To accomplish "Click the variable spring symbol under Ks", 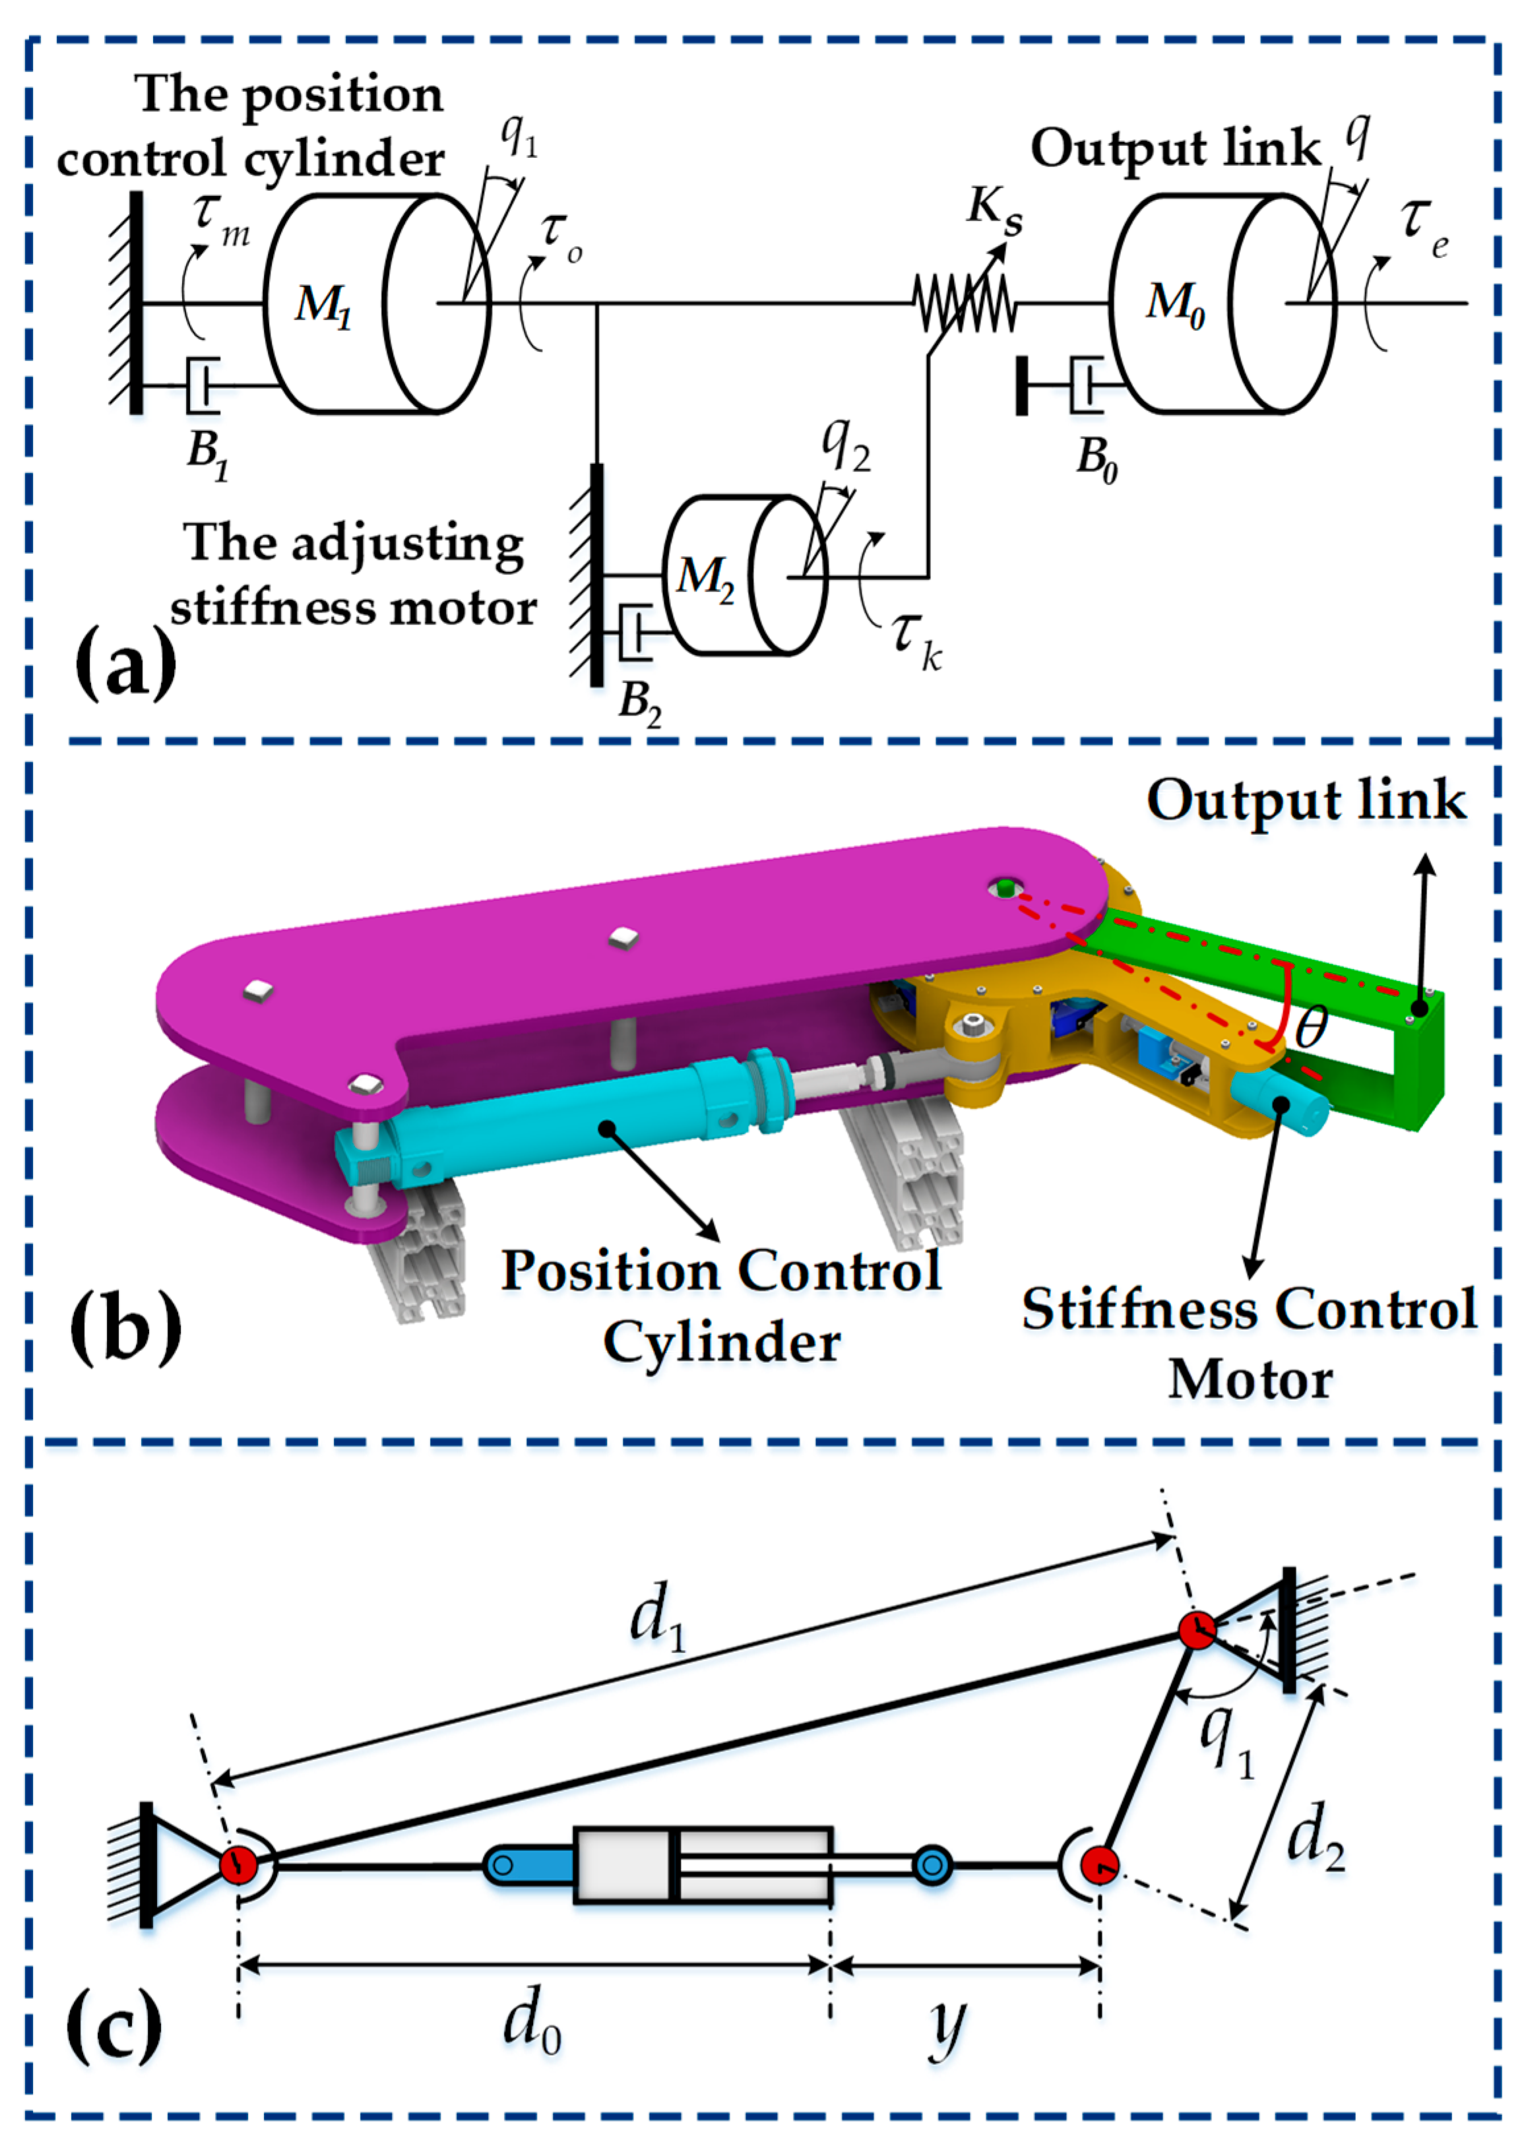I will click(x=964, y=303).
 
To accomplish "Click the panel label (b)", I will click(x=125, y=1327).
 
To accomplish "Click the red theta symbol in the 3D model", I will click(x=1311, y=1025).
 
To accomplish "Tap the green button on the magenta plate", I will click(x=1005, y=886).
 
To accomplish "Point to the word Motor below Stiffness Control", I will click(x=1250, y=1380).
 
